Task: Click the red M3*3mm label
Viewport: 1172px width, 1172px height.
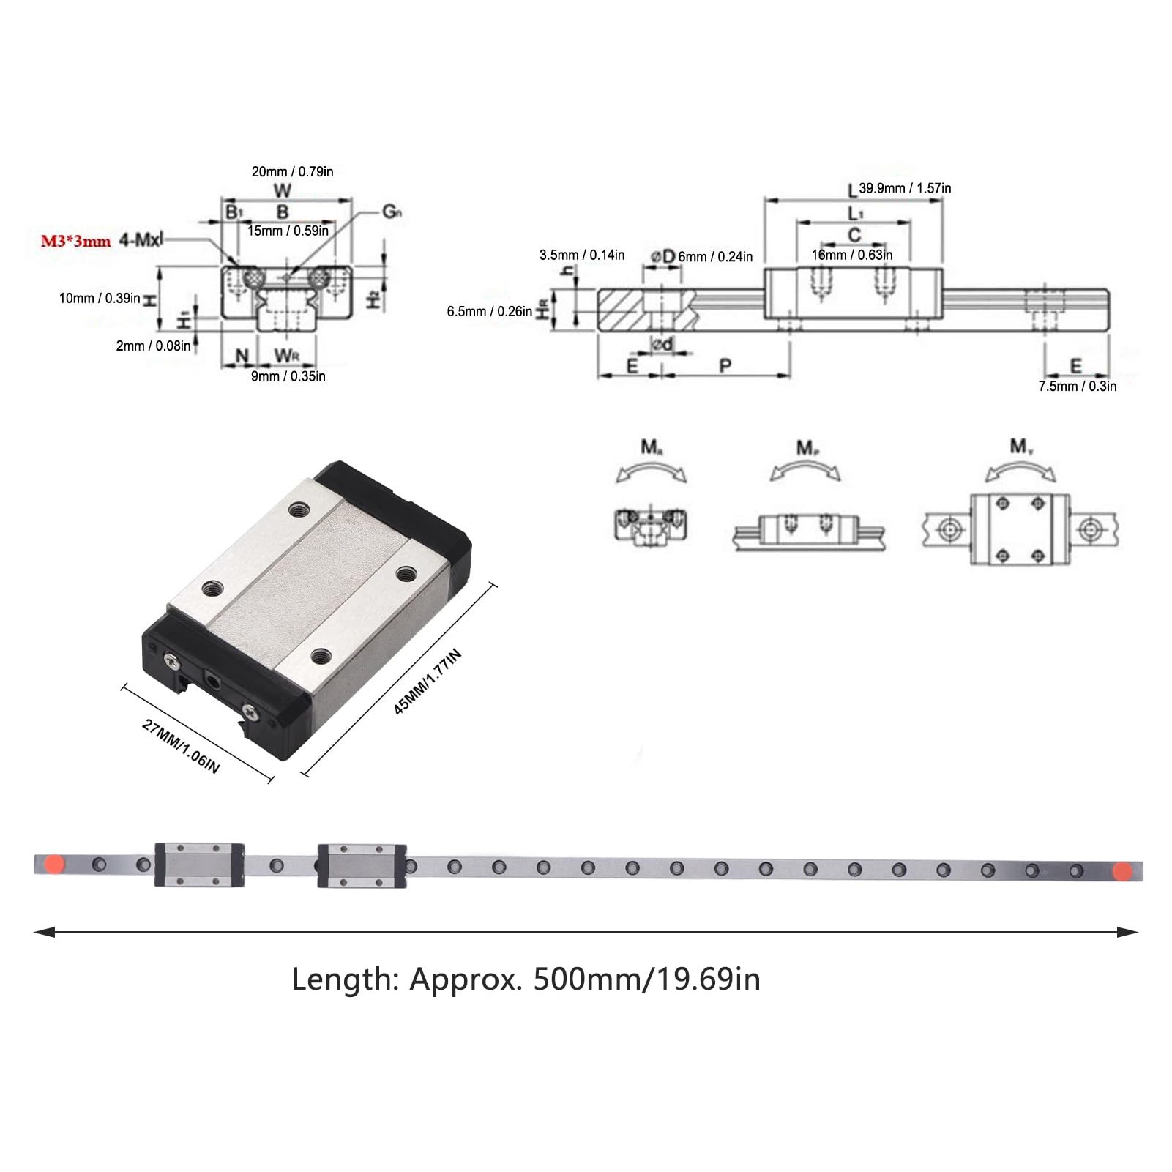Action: (x=75, y=241)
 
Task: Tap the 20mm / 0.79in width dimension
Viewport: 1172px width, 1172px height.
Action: (x=292, y=172)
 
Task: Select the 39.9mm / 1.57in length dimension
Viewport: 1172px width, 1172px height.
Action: (x=905, y=188)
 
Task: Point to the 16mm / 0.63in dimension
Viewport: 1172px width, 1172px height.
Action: (x=851, y=255)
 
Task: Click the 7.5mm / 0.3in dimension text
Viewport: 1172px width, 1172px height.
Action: (x=1077, y=387)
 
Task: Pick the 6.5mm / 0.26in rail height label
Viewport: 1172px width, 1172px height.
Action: (x=490, y=312)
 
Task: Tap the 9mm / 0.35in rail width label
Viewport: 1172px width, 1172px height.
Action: (x=288, y=376)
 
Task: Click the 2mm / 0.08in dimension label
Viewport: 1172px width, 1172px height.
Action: (x=153, y=346)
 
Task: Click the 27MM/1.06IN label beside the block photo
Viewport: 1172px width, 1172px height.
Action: (x=180, y=747)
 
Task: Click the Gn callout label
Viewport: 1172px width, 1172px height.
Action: (x=392, y=212)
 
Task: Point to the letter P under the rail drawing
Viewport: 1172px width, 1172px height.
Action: (x=725, y=365)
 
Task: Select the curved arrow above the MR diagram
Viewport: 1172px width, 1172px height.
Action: (x=651, y=472)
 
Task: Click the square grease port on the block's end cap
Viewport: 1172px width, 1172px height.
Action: (x=213, y=681)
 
